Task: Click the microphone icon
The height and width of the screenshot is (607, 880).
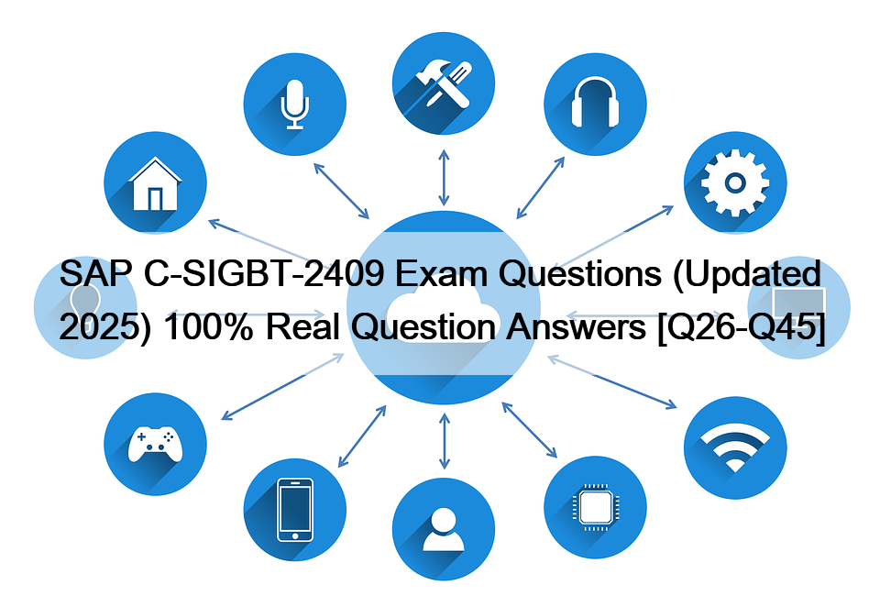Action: (294, 105)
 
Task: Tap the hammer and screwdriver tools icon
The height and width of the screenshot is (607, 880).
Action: (444, 83)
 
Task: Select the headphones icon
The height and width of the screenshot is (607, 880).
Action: (595, 102)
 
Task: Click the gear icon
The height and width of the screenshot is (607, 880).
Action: (734, 183)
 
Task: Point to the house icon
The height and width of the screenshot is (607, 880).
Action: (155, 183)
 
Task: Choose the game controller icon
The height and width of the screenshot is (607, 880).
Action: (155, 444)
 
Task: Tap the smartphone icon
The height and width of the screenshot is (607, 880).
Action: (295, 510)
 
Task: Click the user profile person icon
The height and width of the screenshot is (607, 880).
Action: (444, 529)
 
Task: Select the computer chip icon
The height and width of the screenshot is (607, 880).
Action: (595, 508)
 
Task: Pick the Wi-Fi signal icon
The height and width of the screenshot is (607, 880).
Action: (734, 447)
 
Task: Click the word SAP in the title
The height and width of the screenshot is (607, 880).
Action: (96, 273)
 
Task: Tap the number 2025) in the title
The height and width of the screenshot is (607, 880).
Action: (105, 326)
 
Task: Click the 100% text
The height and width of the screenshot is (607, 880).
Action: (209, 326)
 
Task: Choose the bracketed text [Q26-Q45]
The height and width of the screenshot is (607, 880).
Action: (741, 327)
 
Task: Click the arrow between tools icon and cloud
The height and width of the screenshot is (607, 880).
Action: (444, 178)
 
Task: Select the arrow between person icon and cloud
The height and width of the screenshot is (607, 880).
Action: (445, 441)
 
